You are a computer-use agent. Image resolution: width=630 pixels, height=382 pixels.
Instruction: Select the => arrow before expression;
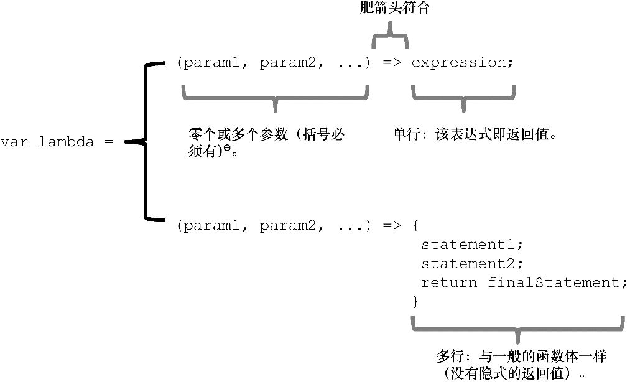click(x=391, y=63)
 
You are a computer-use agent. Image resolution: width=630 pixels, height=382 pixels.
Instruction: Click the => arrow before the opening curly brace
click(x=391, y=226)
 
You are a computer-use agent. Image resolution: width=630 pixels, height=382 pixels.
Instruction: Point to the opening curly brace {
click(x=416, y=226)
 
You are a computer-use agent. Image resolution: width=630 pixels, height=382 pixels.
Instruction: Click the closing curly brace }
click(x=416, y=302)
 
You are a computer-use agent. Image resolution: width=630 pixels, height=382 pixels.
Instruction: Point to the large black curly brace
click(x=147, y=142)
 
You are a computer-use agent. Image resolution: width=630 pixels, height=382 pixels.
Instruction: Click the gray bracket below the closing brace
click(x=517, y=326)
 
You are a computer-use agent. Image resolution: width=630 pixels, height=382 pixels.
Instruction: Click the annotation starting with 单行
click(x=473, y=134)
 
